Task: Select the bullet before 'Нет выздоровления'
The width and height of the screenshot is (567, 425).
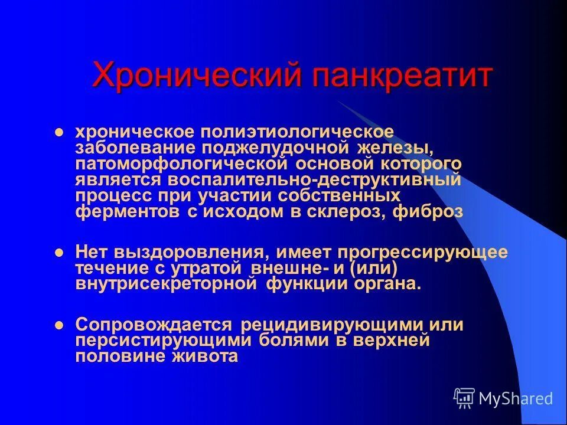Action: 58,253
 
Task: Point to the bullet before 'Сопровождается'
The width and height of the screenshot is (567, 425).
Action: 58,325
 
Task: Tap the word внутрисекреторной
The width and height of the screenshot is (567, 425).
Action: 167,284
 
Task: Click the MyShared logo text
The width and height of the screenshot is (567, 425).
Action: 516,399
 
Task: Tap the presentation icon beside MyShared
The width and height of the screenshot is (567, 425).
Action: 464,398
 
